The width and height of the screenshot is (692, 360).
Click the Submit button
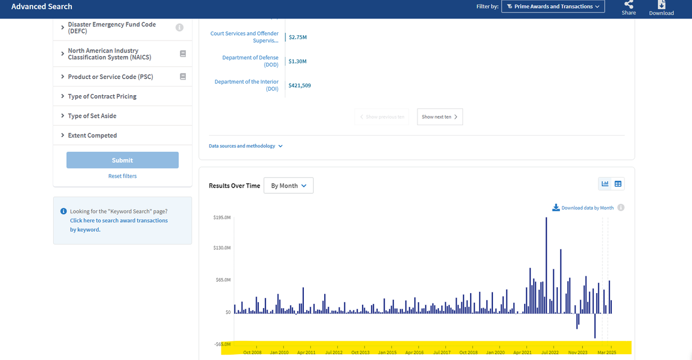pyautogui.click(x=122, y=160)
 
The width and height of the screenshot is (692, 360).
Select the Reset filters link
pyautogui.click(x=122, y=176)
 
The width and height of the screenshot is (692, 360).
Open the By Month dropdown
pyautogui.click(x=288, y=185)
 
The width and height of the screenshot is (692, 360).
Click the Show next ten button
pyautogui.click(x=440, y=117)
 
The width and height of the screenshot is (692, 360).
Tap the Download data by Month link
pyautogui.click(x=583, y=208)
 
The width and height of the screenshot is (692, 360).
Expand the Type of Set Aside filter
pyautogui.click(x=92, y=116)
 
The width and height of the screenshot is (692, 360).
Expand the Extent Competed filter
pyautogui.click(x=92, y=136)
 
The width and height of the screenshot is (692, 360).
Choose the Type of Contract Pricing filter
pyautogui.click(x=102, y=96)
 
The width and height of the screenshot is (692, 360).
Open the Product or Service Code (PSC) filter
pyautogui.click(x=110, y=77)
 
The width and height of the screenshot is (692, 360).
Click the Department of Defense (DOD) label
pyautogui.click(x=250, y=61)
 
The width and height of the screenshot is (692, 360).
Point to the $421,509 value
pyautogui.click(x=300, y=85)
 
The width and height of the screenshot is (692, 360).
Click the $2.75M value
pyautogui.click(x=298, y=37)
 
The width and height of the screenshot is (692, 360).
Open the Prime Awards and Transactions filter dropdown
pyautogui.click(x=553, y=6)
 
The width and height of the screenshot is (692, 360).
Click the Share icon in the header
pyautogui.click(x=629, y=4)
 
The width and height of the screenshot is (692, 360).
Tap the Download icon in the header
pyautogui.click(x=661, y=5)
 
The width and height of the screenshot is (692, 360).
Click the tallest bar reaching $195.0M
pyautogui.click(x=546, y=265)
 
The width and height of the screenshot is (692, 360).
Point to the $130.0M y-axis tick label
pyautogui.click(x=222, y=248)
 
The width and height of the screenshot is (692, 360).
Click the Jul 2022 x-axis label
pyautogui.click(x=550, y=352)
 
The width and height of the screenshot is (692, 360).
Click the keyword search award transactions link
pyautogui.click(x=119, y=225)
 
